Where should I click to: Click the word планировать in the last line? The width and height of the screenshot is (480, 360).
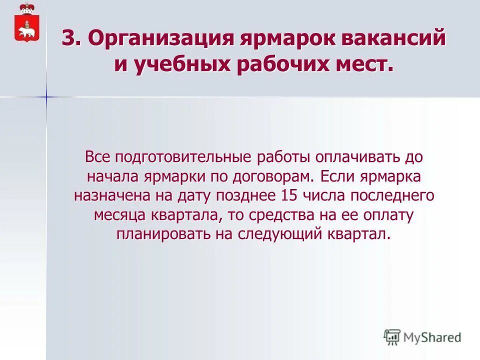[164, 234]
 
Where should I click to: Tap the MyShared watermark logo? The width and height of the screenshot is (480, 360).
[422, 337]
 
